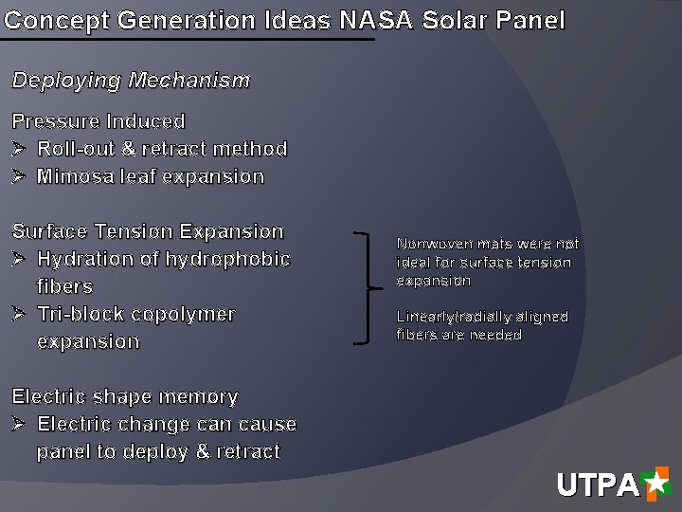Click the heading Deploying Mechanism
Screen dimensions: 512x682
(131, 81)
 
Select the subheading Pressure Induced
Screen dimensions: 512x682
(99, 121)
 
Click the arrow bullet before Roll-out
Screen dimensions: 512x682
(19, 149)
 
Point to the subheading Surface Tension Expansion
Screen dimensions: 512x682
(148, 231)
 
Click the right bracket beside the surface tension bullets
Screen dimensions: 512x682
(368, 286)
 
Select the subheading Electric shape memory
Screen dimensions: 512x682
(124, 396)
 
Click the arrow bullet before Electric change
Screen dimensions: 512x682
(19, 424)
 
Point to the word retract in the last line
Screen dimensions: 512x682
(248, 451)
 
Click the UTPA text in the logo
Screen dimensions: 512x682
(598, 486)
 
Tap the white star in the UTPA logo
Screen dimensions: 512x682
(655, 484)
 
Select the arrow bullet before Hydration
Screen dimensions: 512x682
(19, 259)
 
